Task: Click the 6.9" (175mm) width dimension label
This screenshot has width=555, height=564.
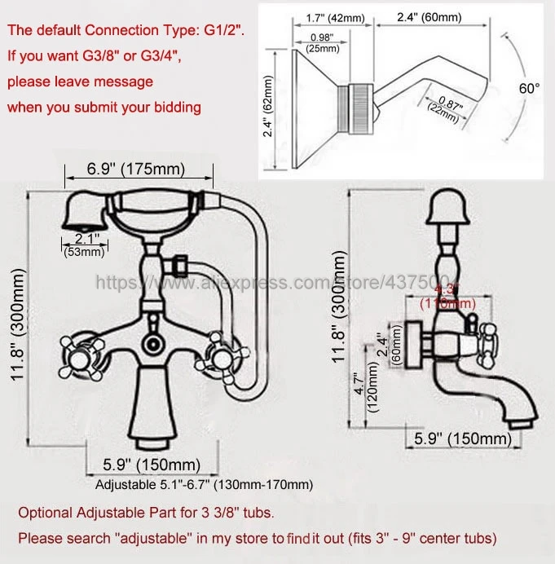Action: (x=136, y=170)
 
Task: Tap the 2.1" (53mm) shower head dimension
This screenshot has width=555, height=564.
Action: (x=84, y=245)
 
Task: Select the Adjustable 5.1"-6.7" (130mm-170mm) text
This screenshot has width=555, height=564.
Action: (x=204, y=485)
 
